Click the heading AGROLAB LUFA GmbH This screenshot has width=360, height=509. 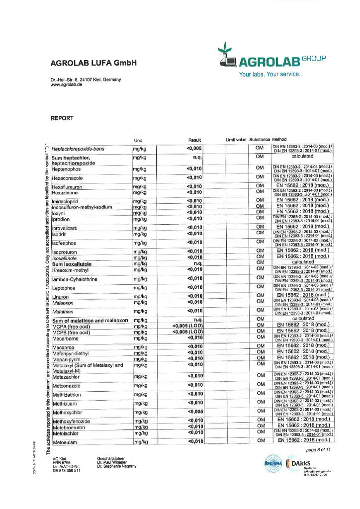click(x=93, y=63)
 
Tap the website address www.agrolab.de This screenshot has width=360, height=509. click(x=66, y=85)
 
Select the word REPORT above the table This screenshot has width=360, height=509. click(x=62, y=118)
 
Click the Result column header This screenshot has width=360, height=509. click(x=194, y=140)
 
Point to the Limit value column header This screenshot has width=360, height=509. click(x=236, y=140)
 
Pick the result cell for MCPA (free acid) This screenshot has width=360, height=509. click(x=187, y=327)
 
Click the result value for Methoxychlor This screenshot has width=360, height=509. click(x=194, y=412)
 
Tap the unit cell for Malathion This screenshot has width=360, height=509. click(x=140, y=311)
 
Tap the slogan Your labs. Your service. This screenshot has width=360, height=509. click(x=270, y=75)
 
